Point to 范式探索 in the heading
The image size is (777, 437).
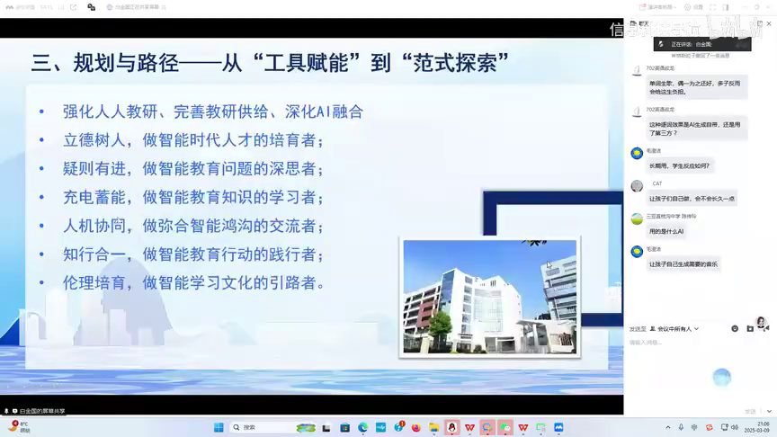pyautogui.click(x=458, y=63)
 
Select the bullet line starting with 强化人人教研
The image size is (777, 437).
pyautogui.click(x=212, y=111)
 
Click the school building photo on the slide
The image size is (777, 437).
pyautogui.click(x=489, y=296)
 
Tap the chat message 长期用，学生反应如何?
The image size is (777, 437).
pyautogui.click(x=679, y=165)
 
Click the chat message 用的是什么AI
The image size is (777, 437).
pyautogui.click(x=666, y=231)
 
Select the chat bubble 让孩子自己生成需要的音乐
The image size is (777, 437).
pyautogui.click(x=683, y=263)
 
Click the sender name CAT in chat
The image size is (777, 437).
pyautogui.click(x=657, y=183)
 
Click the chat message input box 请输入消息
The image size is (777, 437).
pyautogui.click(x=683, y=343)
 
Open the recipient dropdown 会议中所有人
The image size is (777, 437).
pyautogui.click(x=674, y=329)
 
